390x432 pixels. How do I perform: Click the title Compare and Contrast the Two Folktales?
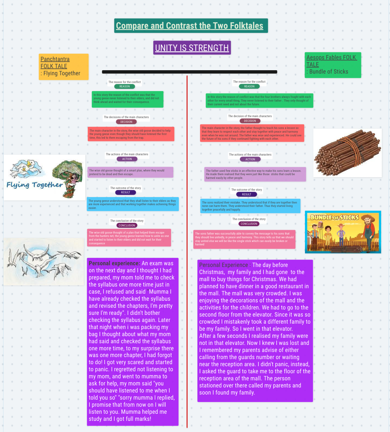[x=190, y=26]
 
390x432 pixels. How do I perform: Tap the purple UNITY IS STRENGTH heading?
[x=192, y=48]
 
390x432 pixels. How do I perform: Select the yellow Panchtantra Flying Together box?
[x=63, y=66]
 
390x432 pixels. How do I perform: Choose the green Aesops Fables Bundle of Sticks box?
[x=333, y=65]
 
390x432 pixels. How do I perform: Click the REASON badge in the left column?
[x=124, y=86]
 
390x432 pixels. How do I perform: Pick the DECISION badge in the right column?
[x=250, y=121]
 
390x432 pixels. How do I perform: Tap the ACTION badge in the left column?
[x=127, y=159]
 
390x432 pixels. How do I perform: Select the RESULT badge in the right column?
[x=247, y=194]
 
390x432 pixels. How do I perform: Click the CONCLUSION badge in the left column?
[x=127, y=225]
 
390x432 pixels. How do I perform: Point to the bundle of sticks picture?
[x=347, y=153]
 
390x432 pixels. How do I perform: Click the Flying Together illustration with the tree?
[x=45, y=178]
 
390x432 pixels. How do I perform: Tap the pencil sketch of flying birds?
[x=44, y=262]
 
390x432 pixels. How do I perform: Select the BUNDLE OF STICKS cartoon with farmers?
[x=343, y=232]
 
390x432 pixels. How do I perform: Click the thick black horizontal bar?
[x=189, y=72]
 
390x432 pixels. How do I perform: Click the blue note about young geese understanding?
[x=133, y=204]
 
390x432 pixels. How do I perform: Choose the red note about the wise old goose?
[x=131, y=134]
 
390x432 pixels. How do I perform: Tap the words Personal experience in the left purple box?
[x=114, y=263]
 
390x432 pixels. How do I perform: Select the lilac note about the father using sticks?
[x=255, y=174]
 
